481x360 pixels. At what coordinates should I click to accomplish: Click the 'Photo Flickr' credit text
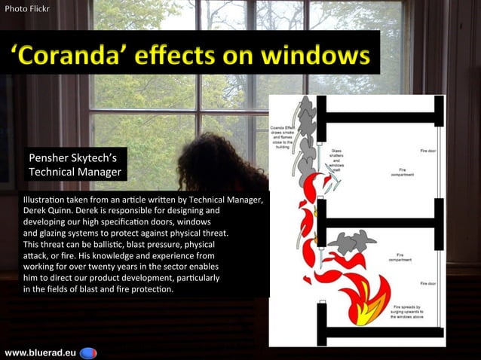(26, 10)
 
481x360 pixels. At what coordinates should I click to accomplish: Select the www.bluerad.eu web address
(38, 352)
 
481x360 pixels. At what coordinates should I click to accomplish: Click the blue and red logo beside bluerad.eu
(88, 352)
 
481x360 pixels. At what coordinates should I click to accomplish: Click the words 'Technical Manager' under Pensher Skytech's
(74, 172)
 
